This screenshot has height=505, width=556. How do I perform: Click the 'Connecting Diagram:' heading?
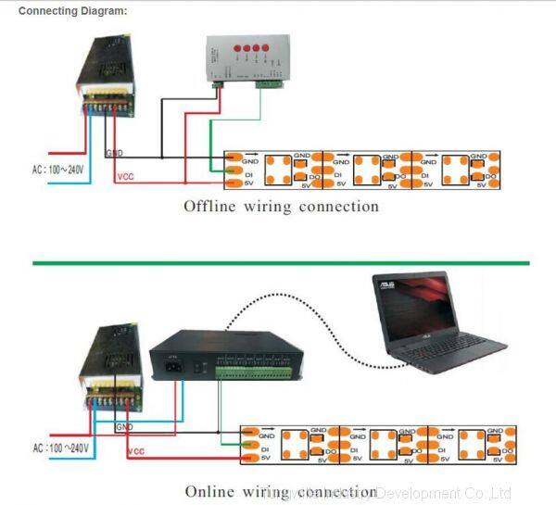73,11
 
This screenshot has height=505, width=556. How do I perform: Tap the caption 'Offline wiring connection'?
281,206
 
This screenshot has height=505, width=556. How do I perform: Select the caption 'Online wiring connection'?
281,492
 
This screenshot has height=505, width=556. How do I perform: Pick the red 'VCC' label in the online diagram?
136,451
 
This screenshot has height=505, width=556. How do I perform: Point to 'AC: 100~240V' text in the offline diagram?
57,170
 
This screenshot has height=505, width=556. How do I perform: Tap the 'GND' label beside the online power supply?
124,427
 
